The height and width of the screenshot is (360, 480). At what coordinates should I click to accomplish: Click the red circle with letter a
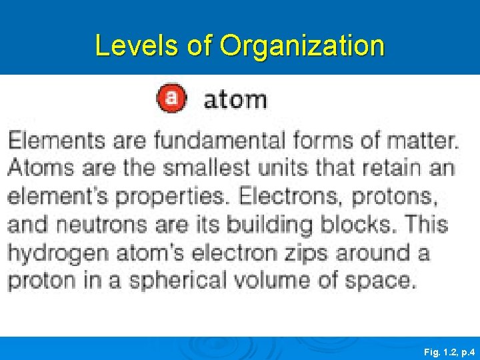171,98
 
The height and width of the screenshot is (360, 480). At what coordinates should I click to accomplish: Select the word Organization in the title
302,46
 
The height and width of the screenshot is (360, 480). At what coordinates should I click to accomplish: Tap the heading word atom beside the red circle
235,99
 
